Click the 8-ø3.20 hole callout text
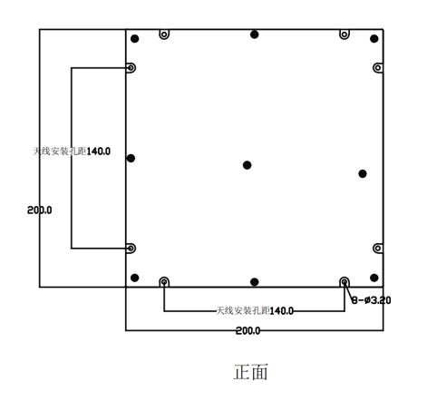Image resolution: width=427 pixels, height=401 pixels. click(371, 300)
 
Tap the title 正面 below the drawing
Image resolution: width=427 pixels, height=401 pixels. click(250, 372)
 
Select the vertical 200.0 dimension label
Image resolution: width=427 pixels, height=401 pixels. click(39, 210)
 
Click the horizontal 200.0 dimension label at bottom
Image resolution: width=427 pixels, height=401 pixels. click(247, 330)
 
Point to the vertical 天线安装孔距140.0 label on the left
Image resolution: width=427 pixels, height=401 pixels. click(72, 152)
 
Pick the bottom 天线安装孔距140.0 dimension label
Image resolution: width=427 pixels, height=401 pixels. click(255, 310)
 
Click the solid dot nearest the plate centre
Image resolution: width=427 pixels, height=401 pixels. click(247, 165)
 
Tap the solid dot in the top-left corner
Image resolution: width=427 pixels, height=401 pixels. click(135, 39)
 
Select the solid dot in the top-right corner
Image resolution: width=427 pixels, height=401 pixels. click(374, 39)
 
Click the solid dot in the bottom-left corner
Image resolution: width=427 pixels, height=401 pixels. click(135, 278)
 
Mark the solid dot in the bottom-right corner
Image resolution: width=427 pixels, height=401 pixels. click(374, 278)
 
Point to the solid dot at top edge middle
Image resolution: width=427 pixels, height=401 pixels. click(255, 34)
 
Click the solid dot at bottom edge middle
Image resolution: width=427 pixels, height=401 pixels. click(255, 282)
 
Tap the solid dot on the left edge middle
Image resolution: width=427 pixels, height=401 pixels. click(131, 158)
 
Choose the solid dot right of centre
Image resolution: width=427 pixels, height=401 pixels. click(363, 173)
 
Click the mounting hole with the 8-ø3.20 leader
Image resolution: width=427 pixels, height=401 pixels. click(345, 282)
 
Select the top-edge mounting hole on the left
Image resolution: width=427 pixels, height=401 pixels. click(164, 34)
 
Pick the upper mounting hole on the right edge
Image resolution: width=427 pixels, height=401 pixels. click(378, 68)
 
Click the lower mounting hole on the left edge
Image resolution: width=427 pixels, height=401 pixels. click(131, 249)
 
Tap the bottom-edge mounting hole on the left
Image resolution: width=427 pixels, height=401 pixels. click(164, 282)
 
